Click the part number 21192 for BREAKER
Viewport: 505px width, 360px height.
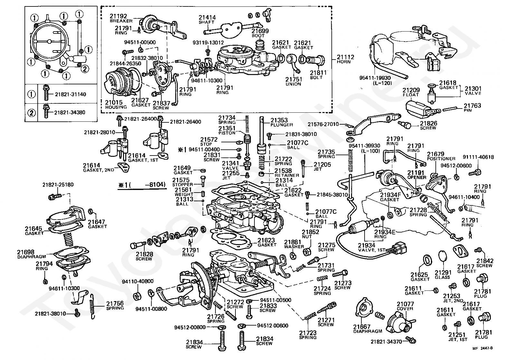pyautogui.click(x=119, y=16)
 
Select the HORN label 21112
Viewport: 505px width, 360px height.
pyautogui.click(x=345, y=59)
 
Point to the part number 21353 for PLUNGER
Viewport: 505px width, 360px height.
pyautogui.click(x=279, y=120)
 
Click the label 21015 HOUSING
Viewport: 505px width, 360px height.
pyautogui.click(x=116, y=105)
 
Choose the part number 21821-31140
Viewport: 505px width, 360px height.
pyautogui.click(x=70, y=94)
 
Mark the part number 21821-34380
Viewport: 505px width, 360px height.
pyautogui.click(x=70, y=112)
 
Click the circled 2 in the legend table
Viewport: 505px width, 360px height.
pyautogui.click(x=32, y=112)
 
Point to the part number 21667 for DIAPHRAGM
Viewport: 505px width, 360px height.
pyautogui.click(x=362, y=327)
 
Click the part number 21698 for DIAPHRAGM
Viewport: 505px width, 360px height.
pyautogui.click(x=26, y=252)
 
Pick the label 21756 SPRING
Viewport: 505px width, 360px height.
pyautogui.click(x=115, y=306)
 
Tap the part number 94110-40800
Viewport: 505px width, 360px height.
pyautogui.click(x=138, y=281)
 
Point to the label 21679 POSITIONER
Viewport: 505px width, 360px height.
pyautogui.click(x=441, y=156)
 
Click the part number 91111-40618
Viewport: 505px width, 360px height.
pyautogui.click(x=478, y=157)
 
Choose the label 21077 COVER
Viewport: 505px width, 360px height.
pyautogui.click(x=405, y=306)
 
